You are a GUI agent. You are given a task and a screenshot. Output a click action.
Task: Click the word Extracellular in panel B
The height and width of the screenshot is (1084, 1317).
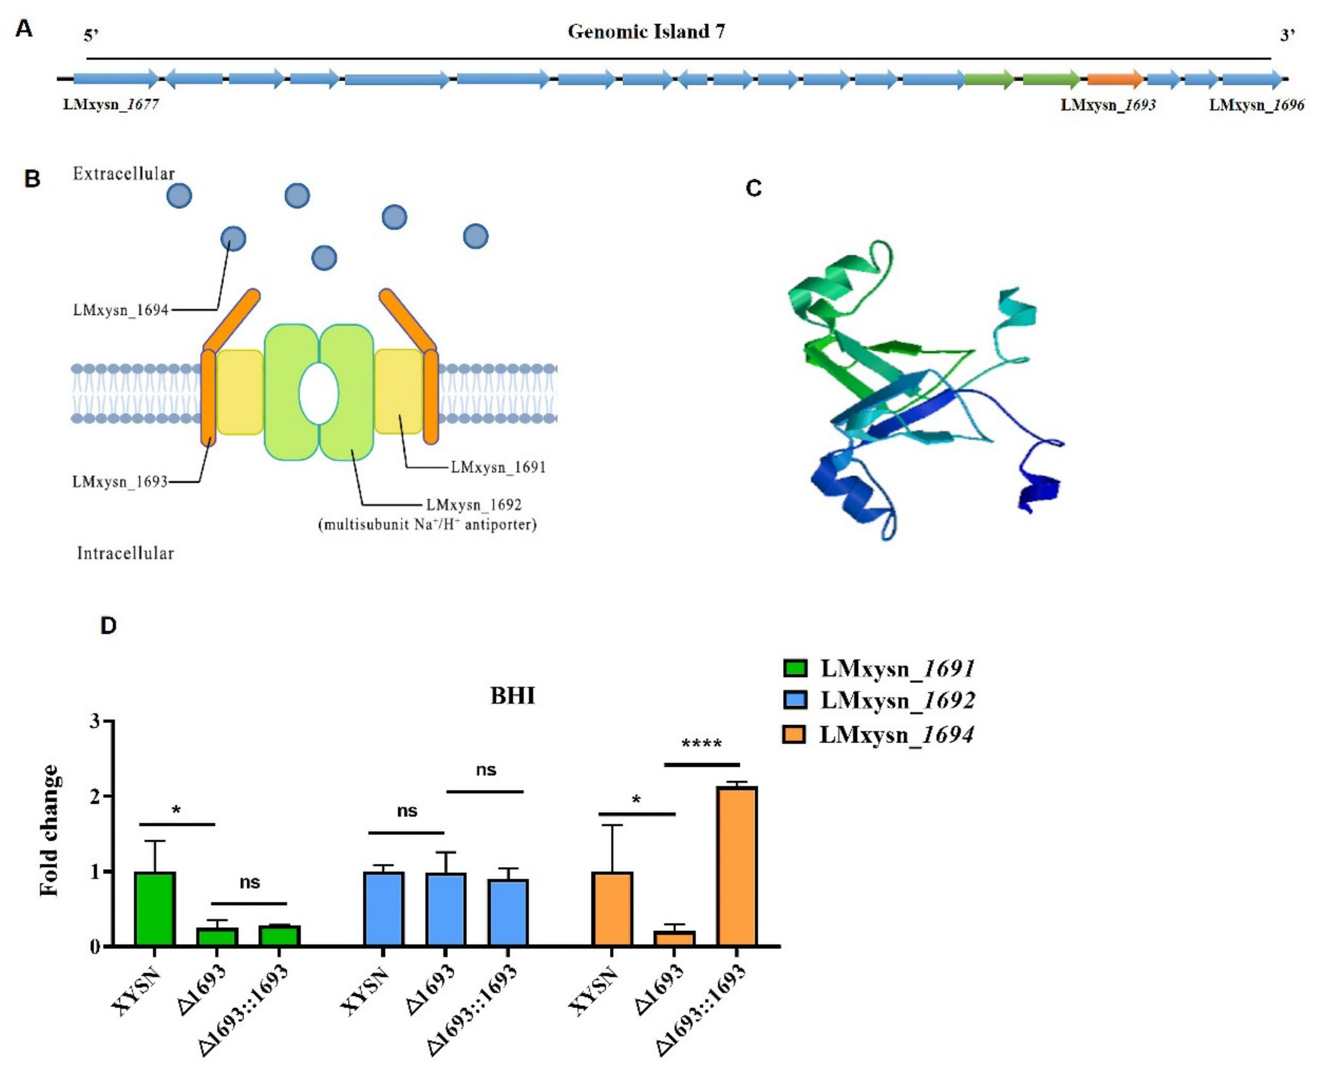click(x=124, y=174)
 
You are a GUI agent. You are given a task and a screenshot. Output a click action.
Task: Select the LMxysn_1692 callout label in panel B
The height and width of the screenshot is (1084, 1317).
click(x=474, y=504)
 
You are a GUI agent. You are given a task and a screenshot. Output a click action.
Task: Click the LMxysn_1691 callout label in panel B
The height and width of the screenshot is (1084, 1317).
click(x=498, y=467)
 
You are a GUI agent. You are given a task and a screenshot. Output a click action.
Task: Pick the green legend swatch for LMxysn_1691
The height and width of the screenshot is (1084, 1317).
click(x=795, y=668)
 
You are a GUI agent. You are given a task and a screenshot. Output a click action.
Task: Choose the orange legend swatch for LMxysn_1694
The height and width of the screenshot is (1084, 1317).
click(x=795, y=734)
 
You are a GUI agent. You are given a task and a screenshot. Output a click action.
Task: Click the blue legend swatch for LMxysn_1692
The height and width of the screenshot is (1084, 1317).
click(x=795, y=700)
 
